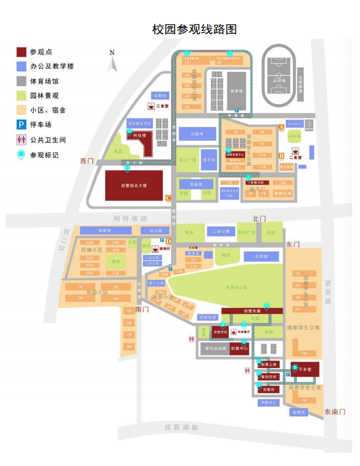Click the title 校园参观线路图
tap(194, 30)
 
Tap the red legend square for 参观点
tap(22, 52)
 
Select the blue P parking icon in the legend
tap(22, 125)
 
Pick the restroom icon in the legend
tap(22, 139)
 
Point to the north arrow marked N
tap(112, 61)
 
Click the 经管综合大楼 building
tap(134, 186)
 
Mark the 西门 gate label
tap(87, 161)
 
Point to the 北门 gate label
tap(259, 219)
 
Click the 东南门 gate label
tap(335, 411)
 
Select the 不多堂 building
tap(305, 368)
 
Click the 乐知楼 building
tap(261, 257)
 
